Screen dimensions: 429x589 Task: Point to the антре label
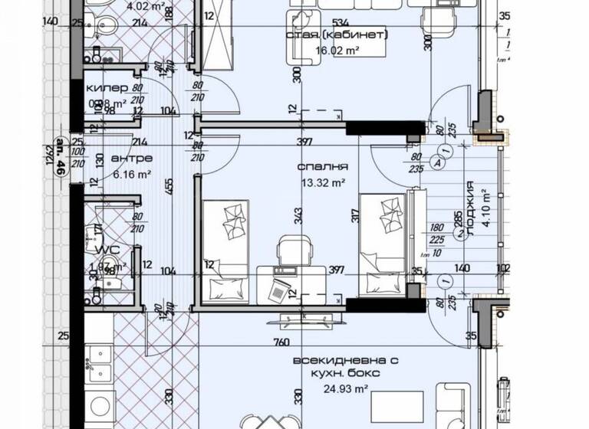click(x=132, y=159)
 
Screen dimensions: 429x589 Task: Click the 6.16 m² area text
click(x=131, y=174)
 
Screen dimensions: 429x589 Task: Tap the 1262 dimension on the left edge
click(x=48, y=161)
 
